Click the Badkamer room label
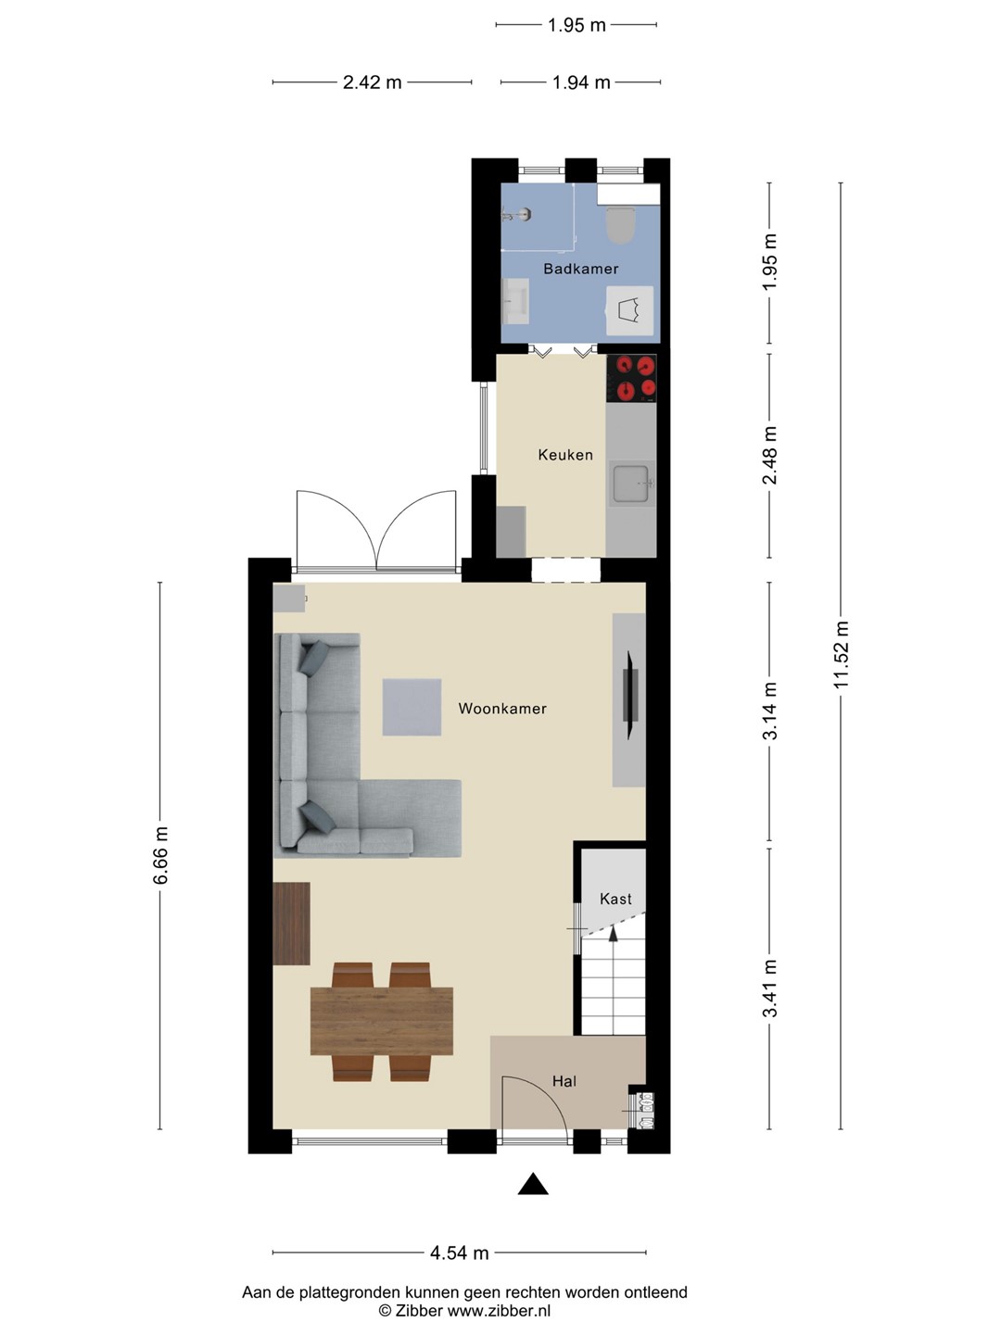pos(580,269)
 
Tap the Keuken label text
pos(565,455)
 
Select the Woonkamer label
pos(502,708)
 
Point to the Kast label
pos(615,899)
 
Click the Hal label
pos(564,1080)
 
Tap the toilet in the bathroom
pos(621,225)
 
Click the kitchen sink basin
pos(633,484)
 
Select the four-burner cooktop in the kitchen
pos(631,378)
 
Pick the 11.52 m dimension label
pos(842,655)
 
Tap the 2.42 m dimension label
pos(372,82)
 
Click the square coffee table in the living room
pos(412,707)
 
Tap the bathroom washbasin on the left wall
pos(515,301)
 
